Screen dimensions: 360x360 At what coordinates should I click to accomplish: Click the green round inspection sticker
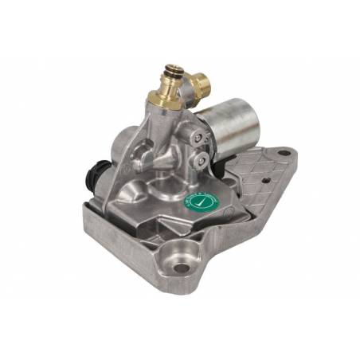198,205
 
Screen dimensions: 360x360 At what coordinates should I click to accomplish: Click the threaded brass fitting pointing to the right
200,79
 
